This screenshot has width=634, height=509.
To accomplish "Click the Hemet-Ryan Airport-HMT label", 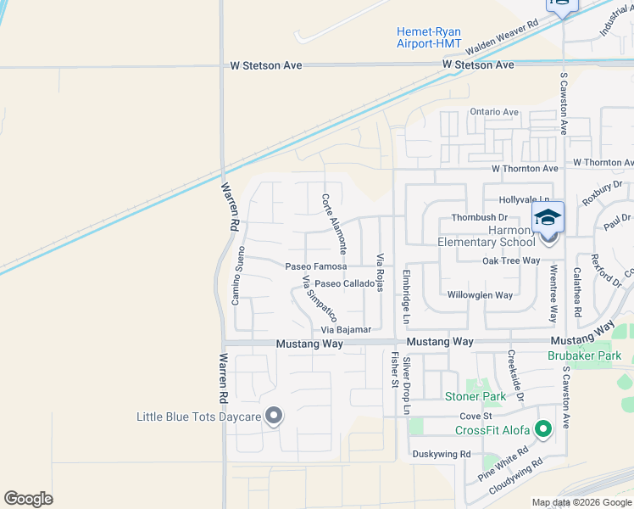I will pos(429,37).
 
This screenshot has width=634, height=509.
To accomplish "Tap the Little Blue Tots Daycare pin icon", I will pos(274,416).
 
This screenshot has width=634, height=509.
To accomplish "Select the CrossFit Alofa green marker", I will pos(543,429).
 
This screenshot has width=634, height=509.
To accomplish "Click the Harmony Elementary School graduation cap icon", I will pos(548,217).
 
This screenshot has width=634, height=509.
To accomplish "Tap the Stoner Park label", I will pos(475,396).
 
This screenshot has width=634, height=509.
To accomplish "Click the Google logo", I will pos(28,498).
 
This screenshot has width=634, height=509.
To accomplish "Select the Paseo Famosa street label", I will pos(316,266).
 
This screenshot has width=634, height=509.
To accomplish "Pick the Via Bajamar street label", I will pos(346,329).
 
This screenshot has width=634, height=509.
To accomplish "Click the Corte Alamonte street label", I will pos(334,224).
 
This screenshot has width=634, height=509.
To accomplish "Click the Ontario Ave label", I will pos(494,112).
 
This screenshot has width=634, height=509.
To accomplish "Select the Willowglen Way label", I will pos(481,295).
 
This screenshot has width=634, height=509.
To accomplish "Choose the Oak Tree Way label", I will pos(511,260).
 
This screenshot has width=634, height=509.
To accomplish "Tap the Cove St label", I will pos(475,417).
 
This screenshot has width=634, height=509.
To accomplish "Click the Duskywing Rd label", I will pos(441,454).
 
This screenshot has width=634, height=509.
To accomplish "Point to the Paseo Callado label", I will pos(344,283).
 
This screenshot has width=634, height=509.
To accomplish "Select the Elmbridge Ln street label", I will pos(406,298).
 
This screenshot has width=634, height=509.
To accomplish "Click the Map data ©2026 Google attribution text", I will pos(581,502).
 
